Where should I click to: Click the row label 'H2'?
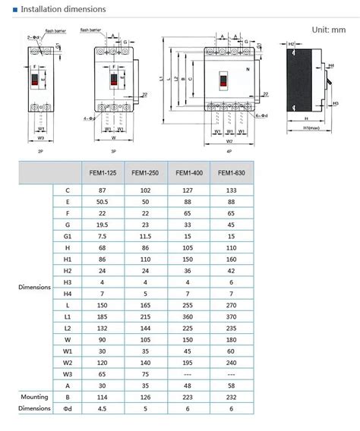pos(68,272)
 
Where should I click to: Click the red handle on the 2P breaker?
pos(35,78)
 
